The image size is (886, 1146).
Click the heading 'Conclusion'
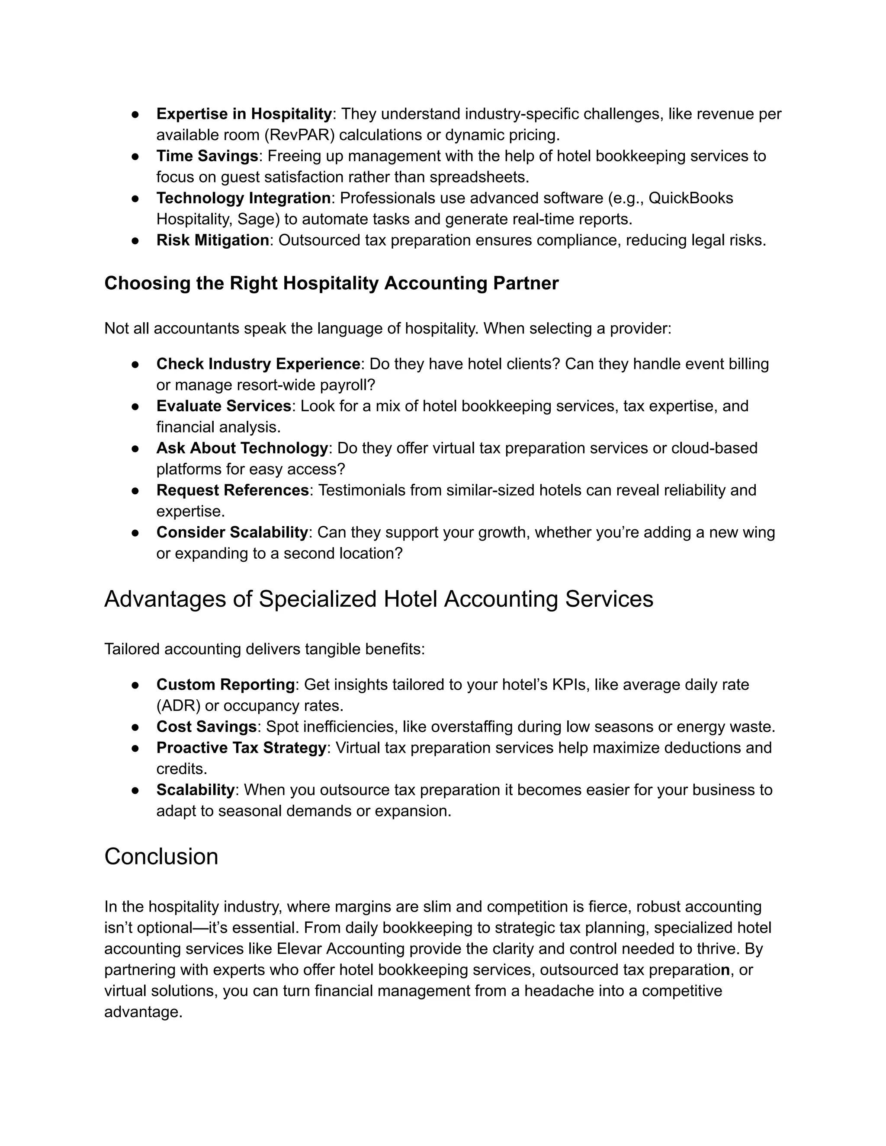pyautogui.click(x=161, y=857)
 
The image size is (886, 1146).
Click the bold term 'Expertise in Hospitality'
pyautogui.click(x=244, y=114)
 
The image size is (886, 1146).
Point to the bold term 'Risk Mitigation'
pyautogui.click(x=212, y=240)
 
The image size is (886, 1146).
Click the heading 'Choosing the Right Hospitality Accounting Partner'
pyautogui.click(x=331, y=283)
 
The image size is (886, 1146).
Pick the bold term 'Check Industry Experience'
pyautogui.click(x=258, y=364)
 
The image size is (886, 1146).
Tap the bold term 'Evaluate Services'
pyautogui.click(x=224, y=406)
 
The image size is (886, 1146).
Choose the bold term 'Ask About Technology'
pyautogui.click(x=242, y=448)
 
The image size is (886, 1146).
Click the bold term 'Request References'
pyautogui.click(x=232, y=490)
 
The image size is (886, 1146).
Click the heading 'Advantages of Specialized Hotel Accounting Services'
pyautogui.click(x=379, y=599)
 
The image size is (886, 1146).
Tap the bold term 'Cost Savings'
pyautogui.click(x=206, y=727)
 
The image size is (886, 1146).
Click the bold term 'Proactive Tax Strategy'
pyautogui.click(x=241, y=748)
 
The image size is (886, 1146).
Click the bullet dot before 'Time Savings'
pyautogui.click(x=135, y=157)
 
